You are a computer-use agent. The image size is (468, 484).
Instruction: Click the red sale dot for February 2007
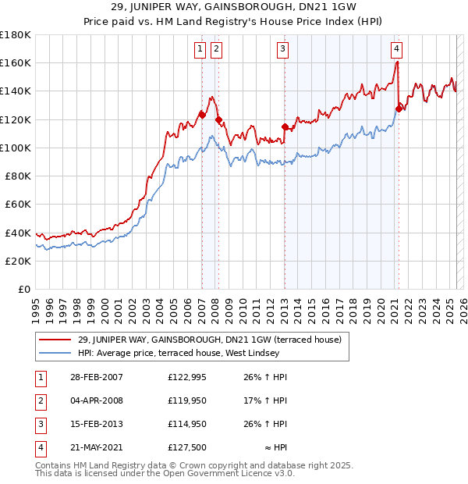[202, 115]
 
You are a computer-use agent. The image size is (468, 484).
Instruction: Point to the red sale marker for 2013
[285, 126]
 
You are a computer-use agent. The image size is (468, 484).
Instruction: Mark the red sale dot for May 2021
[399, 109]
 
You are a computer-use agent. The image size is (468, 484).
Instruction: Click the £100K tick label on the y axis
[16, 148]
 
